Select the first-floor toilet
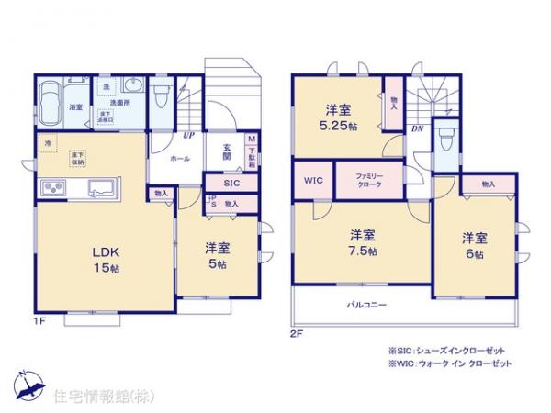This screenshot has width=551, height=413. (162, 96)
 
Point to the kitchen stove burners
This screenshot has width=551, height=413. (51, 190)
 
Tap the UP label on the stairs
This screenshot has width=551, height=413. (188, 136)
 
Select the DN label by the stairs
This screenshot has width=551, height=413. (417, 128)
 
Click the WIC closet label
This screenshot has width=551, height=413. (310, 180)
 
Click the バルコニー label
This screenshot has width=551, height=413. (365, 303)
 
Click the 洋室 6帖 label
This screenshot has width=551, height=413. (474, 245)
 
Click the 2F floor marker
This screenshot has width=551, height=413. (297, 334)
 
